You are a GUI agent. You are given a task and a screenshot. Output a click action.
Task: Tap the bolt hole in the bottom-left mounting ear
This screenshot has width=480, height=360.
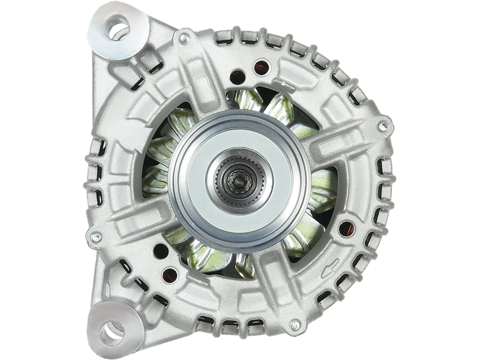point(112,329)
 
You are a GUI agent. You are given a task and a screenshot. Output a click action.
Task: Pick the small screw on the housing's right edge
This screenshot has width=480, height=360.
point(382,126)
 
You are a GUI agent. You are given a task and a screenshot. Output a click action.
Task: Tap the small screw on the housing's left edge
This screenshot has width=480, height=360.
point(94,235)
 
